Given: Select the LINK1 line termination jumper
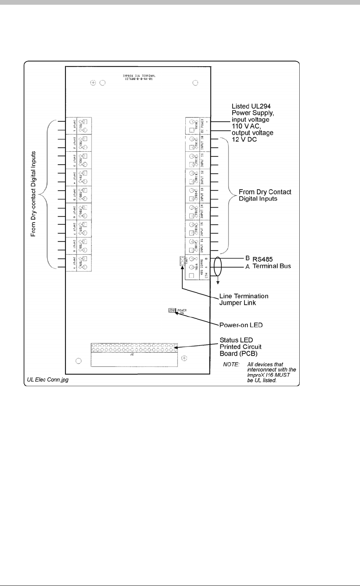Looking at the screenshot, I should click(182, 261).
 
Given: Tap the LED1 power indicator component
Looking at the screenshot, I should click(172, 311).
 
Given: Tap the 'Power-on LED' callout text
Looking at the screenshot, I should click(241, 326).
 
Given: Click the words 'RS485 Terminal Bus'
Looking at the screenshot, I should click(271, 263).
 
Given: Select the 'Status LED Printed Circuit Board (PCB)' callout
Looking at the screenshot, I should click(241, 347).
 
